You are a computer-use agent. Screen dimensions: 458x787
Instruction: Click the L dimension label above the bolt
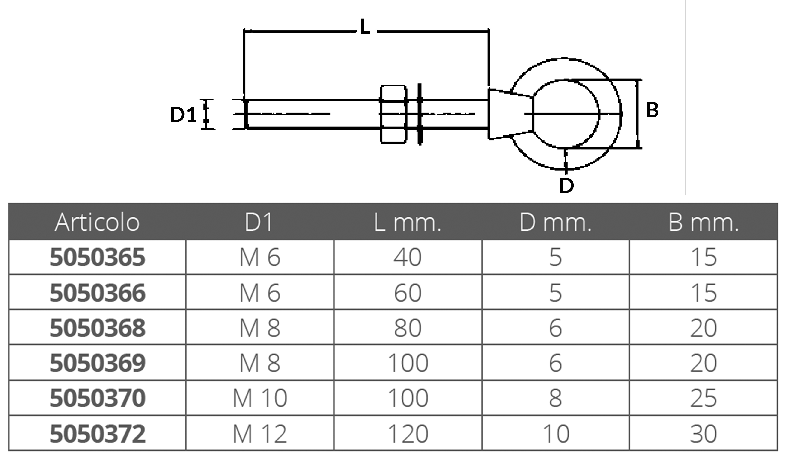pos(365,26)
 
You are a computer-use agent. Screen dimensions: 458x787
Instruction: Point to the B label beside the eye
pos(652,110)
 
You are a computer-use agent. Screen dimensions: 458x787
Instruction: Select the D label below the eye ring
pos(566,186)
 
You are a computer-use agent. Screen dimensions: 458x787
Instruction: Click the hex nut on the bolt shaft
pos(393,114)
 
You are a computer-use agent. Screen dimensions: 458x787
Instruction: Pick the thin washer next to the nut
pos(420,114)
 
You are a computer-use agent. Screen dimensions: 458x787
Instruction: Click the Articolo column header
pos(97,223)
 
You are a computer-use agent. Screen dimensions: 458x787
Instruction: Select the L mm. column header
pos(408,223)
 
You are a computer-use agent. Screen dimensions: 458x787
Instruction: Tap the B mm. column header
pos(703,223)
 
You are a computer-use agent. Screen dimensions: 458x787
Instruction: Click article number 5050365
pos(97,257)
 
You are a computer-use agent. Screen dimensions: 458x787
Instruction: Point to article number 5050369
pos(97,363)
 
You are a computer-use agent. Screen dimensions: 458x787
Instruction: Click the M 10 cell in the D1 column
pos(260,398)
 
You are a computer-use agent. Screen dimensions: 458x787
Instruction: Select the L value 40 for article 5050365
pos(408,257)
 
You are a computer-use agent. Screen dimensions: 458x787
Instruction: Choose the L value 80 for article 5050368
pos(408,328)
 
